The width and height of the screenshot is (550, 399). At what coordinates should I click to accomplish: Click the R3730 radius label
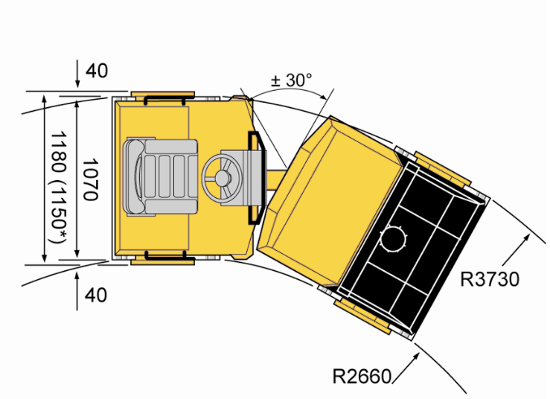click(x=489, y=280)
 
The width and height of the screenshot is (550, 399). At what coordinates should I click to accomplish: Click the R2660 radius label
click(x=361, y=376)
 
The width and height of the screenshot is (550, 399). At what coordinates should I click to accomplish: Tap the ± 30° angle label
click(x=291, y=80)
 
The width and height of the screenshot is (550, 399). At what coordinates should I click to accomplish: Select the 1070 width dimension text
click(x=90, y=179)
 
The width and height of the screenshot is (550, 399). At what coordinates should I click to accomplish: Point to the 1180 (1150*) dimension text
click(x=58, y=188)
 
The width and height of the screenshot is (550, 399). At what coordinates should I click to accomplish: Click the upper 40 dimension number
click(x=97, y=71)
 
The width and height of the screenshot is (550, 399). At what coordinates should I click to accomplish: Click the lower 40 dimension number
click(x=96, y=295)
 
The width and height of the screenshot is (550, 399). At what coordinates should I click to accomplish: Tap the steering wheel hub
click(x=222, y=179)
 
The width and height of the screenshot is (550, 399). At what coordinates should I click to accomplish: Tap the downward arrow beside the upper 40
click(x=77, y=76)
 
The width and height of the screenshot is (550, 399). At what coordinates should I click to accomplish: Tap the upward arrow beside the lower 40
click(x=77, y=290)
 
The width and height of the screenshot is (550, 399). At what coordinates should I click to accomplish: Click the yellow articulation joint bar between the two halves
click(x=276, y=180)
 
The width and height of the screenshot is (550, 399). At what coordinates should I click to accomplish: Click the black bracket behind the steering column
click(x=255, y=178)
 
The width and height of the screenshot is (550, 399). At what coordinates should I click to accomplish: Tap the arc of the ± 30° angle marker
click(x=288, y=89)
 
